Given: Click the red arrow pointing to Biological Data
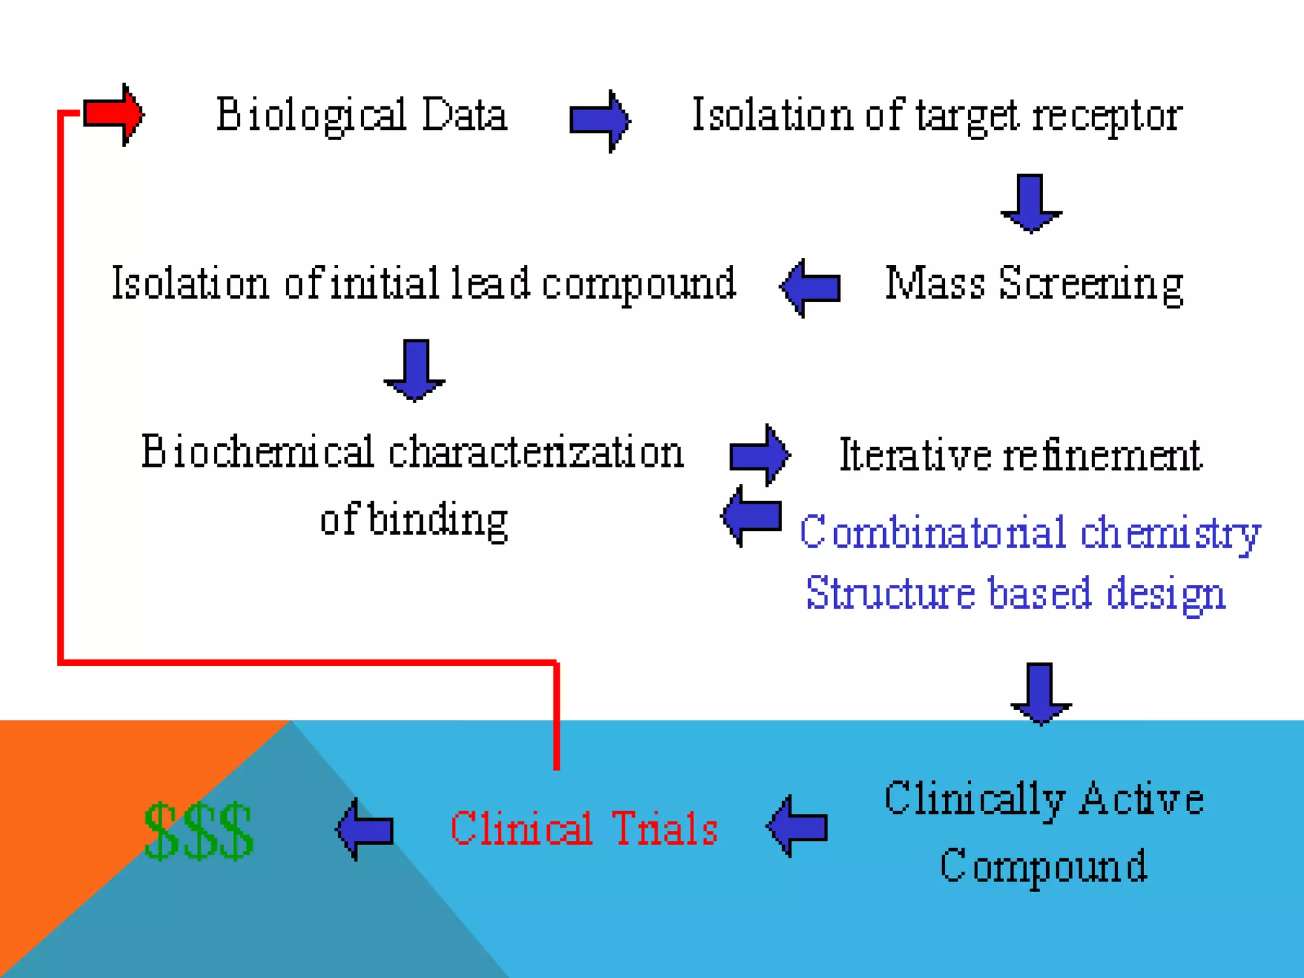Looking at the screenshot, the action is tap(114, 115).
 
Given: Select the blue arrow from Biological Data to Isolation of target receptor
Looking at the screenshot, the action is tap(600, 121).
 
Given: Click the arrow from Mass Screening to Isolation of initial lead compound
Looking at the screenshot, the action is tap(810, 288).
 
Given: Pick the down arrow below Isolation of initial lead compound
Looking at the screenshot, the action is tap(415, 371).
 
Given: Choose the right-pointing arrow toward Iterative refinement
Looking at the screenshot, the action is tap(760, 455).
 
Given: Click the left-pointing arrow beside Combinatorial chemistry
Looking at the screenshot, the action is tap(751, 516).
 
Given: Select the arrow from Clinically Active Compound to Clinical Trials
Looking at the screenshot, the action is tap(797, 826).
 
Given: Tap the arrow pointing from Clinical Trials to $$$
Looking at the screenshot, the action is tap(365, 829).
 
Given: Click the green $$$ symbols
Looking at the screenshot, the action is tap(199, 831).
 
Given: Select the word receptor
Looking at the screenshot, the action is tap(1107, 117).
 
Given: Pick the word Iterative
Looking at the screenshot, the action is tap(916, 455).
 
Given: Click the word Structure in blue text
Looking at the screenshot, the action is tap(890, 592).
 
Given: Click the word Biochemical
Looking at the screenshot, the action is tap(257, 451).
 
